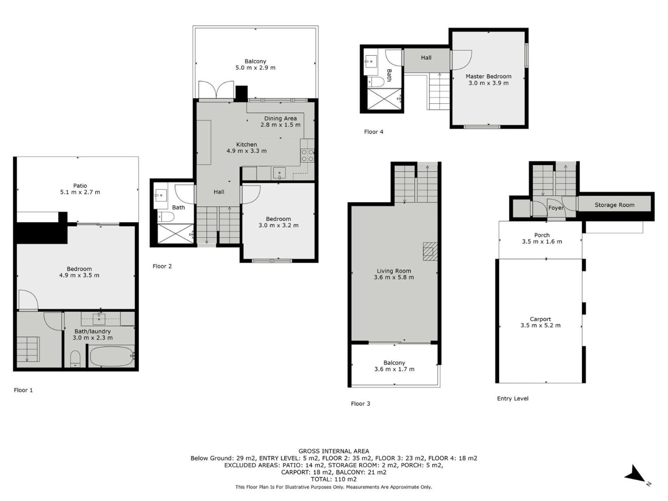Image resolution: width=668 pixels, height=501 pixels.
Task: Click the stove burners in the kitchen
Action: (x=308, y=155)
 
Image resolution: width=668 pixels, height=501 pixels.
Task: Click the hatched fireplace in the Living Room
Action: (x=430, y=252)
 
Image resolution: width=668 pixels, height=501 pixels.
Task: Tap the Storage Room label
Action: (x=614, y=205)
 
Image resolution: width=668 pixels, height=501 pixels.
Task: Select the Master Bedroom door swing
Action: (x=461, y=60)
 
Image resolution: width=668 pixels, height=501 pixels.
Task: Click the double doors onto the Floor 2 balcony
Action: (x=216, y=90)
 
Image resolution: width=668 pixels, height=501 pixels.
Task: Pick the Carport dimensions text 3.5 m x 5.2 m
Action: (x=540, y=326)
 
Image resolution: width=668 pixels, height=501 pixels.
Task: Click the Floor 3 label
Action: (x=360, y=404)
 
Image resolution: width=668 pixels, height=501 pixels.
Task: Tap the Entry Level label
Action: (x=512, y=399)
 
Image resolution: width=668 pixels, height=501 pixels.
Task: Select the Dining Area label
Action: (x=280, y=118)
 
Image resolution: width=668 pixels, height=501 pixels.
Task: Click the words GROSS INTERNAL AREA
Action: (x=334, y=451)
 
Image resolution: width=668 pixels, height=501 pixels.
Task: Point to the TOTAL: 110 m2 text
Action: (x=334, y=479)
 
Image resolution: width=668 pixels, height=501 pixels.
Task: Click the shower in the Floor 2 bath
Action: (x=176, y=233)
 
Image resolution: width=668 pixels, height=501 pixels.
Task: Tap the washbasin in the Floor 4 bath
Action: (x=371, y=62)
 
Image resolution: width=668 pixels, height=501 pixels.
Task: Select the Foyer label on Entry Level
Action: (x=556, y=208)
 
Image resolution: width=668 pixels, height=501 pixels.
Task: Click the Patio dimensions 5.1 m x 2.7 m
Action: (x=80, y=192)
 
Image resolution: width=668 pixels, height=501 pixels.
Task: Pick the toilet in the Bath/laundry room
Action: (x=75, y=359)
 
